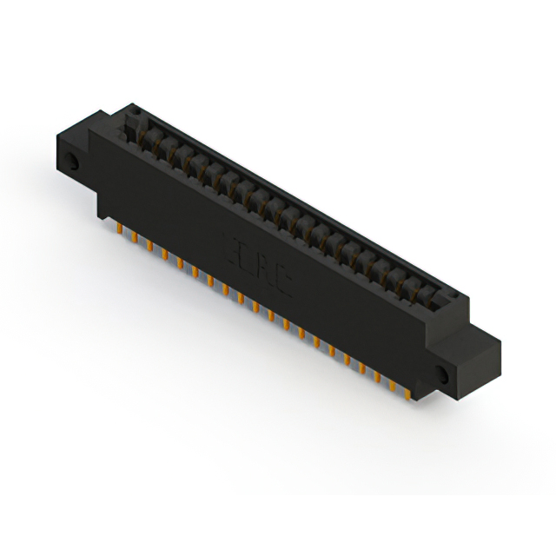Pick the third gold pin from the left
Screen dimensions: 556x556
[149, 246]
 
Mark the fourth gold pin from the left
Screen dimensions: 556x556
[163, 254]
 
